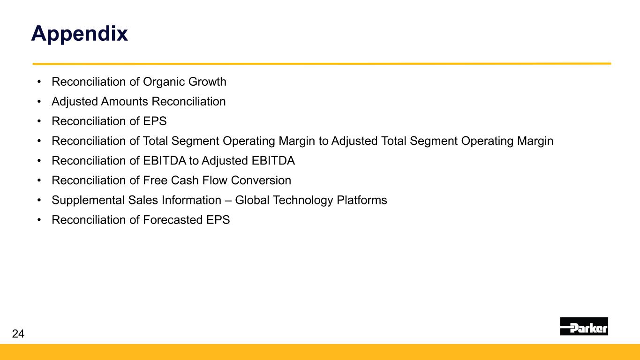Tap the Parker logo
tap(584, 326)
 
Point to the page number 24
tap(18, 333)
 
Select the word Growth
tap(207, 82)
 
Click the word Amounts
tap(124, 101)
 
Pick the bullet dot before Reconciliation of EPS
tap(39, 121)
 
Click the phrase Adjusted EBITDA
tap(248, 161)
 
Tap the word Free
tap(156, 180)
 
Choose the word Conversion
tap(261, 180)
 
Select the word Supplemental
tap(88, 201)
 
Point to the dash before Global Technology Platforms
tap(228, 200)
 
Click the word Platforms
tap(361, 200)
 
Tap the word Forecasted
tap(173, 220)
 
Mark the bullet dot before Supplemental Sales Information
tap(39, 200)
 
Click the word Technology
tap(303, 201)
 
